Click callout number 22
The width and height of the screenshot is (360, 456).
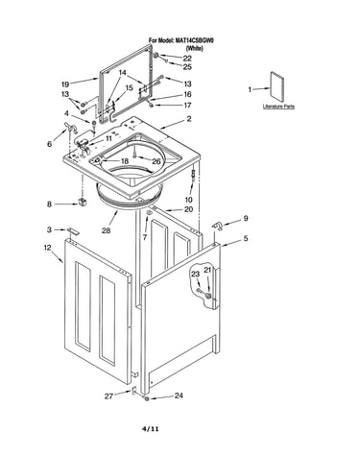pos(187,59)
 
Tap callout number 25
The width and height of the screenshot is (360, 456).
pos(187,67)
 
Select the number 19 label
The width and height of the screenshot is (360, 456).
pos(65,84)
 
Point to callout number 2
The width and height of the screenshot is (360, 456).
pos(189,119)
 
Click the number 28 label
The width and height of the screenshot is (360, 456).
pos(106,230)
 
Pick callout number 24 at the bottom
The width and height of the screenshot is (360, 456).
pos(179,396)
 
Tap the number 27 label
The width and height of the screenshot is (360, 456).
pos(108,396)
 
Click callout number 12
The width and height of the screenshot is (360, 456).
pos(47,248)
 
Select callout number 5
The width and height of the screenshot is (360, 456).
pos(246,238)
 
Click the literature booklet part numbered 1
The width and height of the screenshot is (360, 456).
pos(276,85)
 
